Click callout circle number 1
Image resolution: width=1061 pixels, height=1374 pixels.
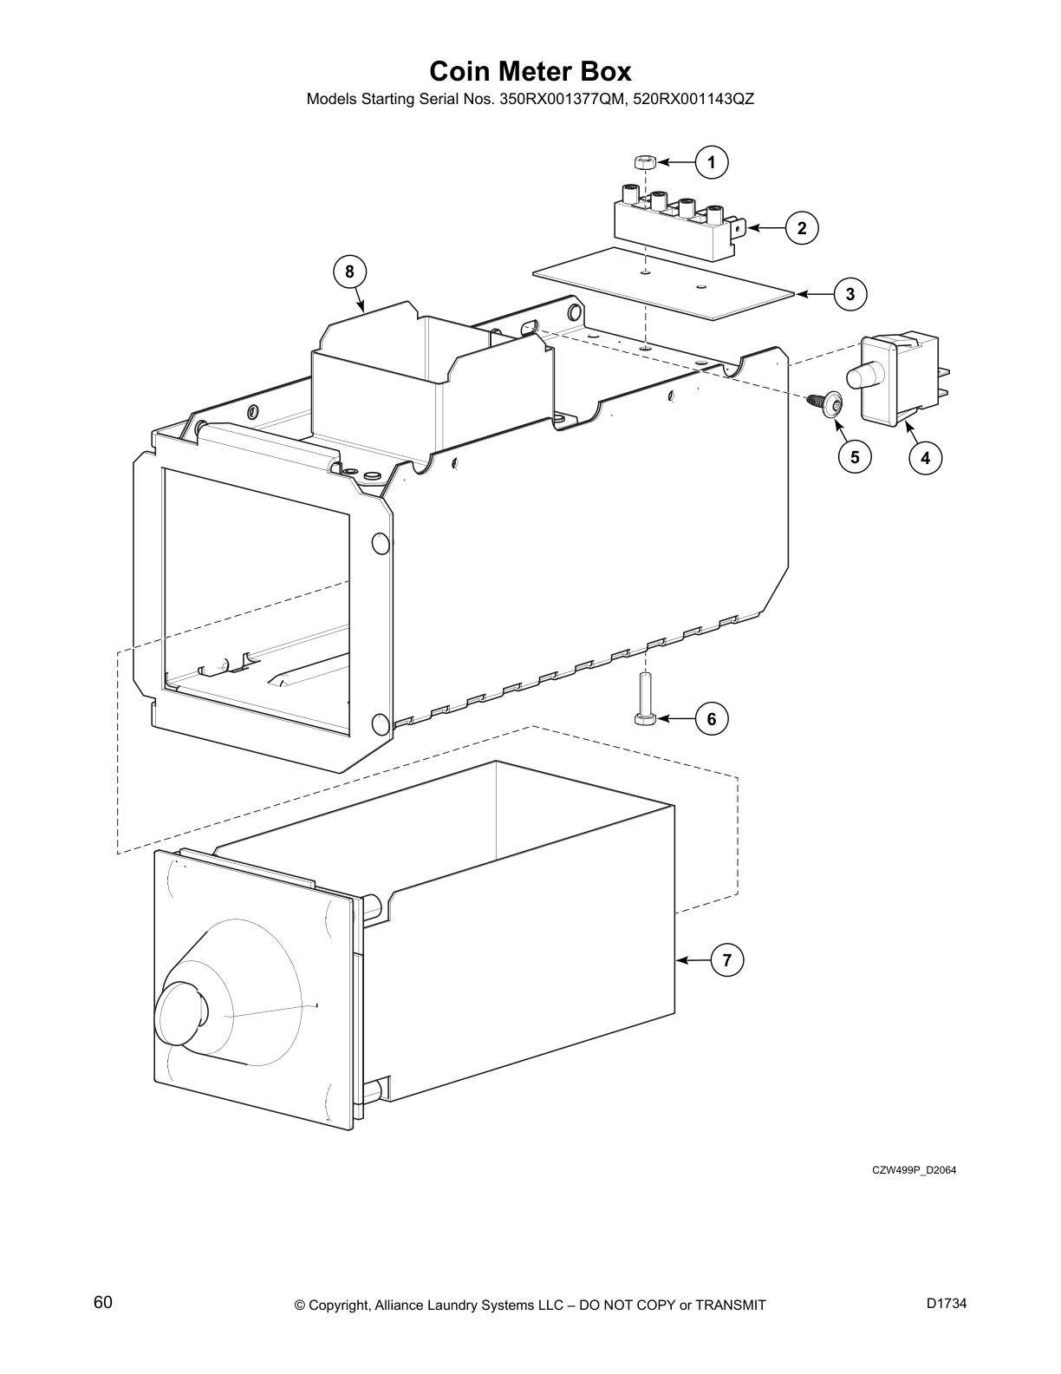712,162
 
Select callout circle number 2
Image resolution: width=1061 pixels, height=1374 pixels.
802,228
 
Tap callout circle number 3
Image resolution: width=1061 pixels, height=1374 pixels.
850,294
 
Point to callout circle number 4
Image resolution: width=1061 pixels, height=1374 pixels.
926,457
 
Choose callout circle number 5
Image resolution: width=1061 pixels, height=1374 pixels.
855,457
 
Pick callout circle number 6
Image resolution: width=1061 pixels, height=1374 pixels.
712,719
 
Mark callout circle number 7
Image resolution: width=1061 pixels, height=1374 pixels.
727,960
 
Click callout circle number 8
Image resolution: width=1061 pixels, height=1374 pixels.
349,272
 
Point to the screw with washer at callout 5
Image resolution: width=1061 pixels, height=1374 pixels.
827,404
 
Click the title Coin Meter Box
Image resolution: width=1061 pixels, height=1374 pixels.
530,70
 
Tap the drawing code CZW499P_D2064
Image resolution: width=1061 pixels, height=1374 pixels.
914,1170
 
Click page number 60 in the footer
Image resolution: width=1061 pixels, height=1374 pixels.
103,1302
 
